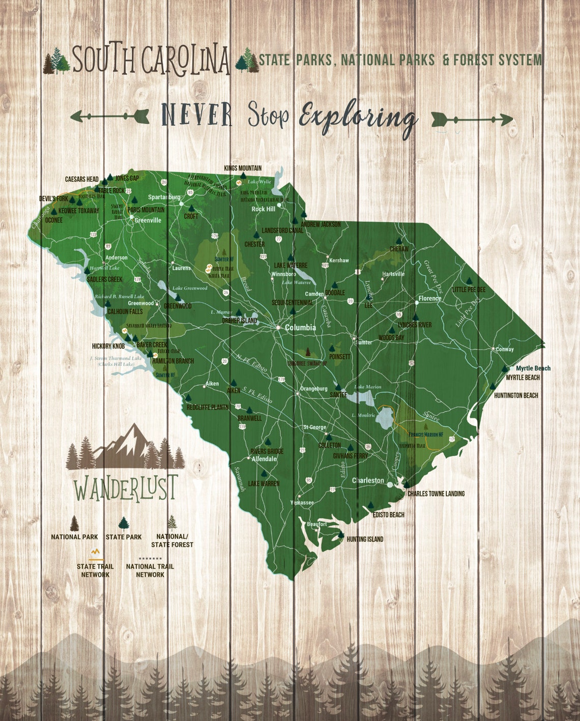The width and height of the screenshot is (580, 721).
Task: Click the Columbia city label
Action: (x=300, y=328)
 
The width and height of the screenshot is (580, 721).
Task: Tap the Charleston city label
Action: (x=368, y=480)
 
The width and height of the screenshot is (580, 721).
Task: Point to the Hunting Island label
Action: (x=365, y=539)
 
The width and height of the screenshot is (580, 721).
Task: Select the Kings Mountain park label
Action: (x=243, y=168)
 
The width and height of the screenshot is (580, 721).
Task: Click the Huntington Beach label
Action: (x=516, y=395)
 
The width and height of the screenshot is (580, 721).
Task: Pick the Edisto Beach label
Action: (x=388, y=514)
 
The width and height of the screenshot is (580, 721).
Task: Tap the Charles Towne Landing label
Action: (x=436, y=494)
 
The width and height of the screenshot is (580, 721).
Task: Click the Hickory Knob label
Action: (x=108, y=346)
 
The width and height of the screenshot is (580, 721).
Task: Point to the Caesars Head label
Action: (x=81, y=179)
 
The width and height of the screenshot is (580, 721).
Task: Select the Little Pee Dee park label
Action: (x=469, y=290)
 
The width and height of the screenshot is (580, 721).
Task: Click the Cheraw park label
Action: (x=399, y=249)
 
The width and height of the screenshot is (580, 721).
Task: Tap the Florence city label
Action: (x=429, y=299)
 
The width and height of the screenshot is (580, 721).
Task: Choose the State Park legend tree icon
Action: (x=124, y=524)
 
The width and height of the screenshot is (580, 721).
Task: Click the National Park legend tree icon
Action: (x=75, y=523)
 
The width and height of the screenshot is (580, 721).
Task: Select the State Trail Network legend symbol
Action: (x=95, y=553)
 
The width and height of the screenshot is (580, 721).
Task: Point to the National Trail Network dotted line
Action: (x=150, y=558)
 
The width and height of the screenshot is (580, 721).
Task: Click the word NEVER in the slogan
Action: (x=196, y=115)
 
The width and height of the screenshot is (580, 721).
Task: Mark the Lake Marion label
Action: (x=367, y=387)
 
